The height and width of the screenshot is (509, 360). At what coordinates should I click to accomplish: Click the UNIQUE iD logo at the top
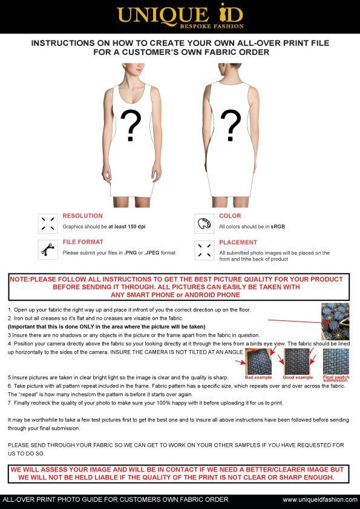180,16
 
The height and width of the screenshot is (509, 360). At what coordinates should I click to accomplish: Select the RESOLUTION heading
83,216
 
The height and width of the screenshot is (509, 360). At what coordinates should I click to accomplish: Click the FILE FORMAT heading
83,242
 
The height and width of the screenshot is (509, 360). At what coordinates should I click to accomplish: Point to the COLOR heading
230,216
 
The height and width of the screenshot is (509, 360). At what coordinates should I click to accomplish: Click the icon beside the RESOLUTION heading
48,224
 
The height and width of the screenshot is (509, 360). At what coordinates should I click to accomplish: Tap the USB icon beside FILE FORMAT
48,250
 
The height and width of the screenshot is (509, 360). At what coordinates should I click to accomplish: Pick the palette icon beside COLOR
204,224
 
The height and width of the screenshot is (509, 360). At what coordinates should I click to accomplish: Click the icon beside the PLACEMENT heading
204,250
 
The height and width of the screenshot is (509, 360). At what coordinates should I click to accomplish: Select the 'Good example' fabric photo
296,362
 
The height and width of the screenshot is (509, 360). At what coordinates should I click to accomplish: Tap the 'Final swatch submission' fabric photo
336,362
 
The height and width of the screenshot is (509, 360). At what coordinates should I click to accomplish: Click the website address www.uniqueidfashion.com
320,500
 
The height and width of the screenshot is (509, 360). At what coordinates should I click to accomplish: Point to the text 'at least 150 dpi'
127,227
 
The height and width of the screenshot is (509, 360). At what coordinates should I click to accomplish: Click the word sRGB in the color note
278,227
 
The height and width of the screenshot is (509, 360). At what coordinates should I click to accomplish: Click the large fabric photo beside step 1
335,322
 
